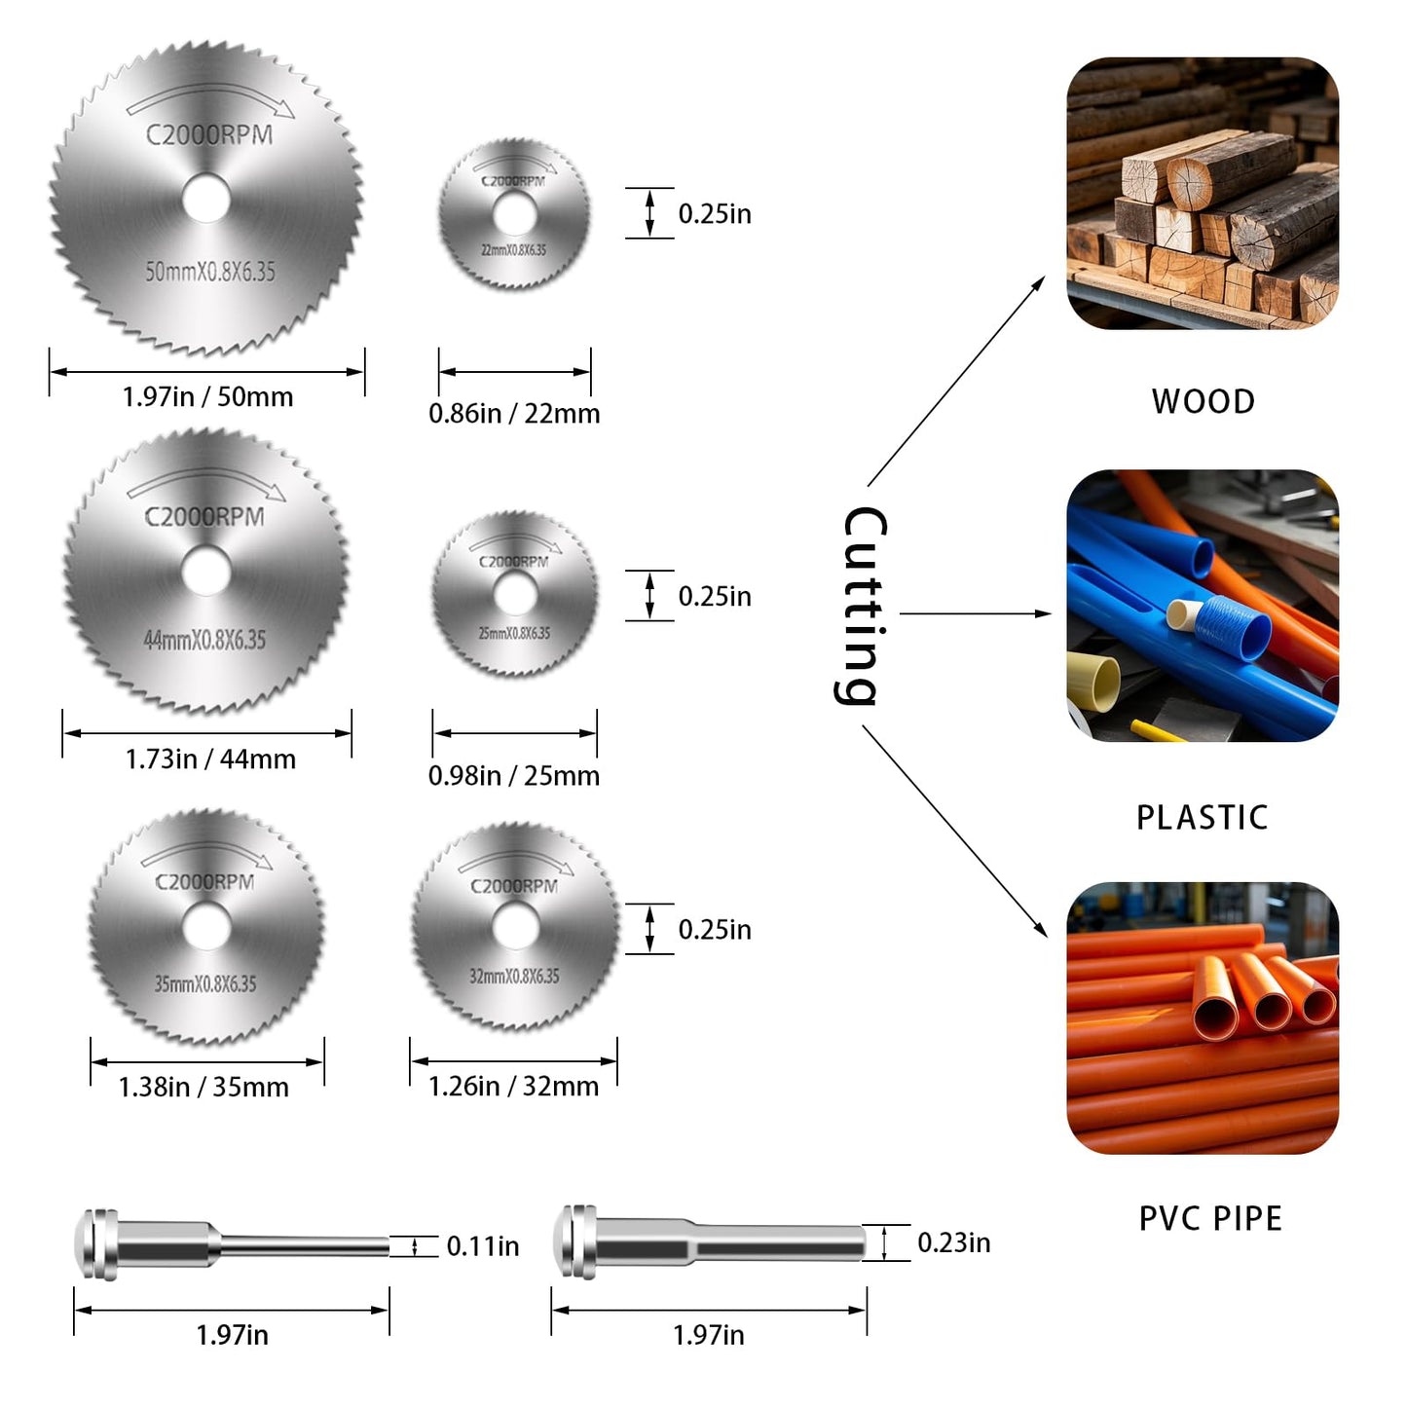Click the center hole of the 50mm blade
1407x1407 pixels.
pyautogui.click(x=205, y=199)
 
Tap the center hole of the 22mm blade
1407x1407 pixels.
pyautogui.click(x=514, y=214)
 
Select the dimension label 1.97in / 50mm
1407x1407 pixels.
pyautogui.click(x=207, y=397)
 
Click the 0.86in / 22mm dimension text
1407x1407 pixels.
pyautogui.click(x=514, y=414)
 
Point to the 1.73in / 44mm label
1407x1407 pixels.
pyautogui.click(x=210, y=759)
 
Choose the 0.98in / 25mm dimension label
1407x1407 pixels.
pyautogui.click(x=514, y=776)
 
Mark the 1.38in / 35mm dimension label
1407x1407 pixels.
pyautogui.click(x=204, y=1088)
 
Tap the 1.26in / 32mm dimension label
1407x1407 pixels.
pyautogui.click(x=514, y=1087)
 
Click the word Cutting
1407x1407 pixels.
pyautogui.click(x=863, y=606)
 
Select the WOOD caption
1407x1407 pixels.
pyautogui.click(x=1203, y=401)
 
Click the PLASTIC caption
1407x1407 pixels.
pyautogui.click(x=1203, y=817)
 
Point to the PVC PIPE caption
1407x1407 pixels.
pyautogui.click(x=1210, y=1218)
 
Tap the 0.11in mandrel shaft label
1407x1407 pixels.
pyautogui.click(x=483, y=1246)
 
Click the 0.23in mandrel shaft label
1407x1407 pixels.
pyautogui.click(x=954, y=1242)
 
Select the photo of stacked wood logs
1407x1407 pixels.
pyautogui.click(x=1203, y=194)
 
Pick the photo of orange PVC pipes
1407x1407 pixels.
pyautogui.click(x=1203, y=1018)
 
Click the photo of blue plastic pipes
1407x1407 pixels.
pyautogui.click(x=1203, y=606)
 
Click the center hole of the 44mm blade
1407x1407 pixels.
pyautogui.click(x=206, y=571)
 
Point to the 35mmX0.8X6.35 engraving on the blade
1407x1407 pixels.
pyautogui.click(x=205, y=983)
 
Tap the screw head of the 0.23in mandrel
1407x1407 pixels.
pyautogui.click(x=574, y=1242)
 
